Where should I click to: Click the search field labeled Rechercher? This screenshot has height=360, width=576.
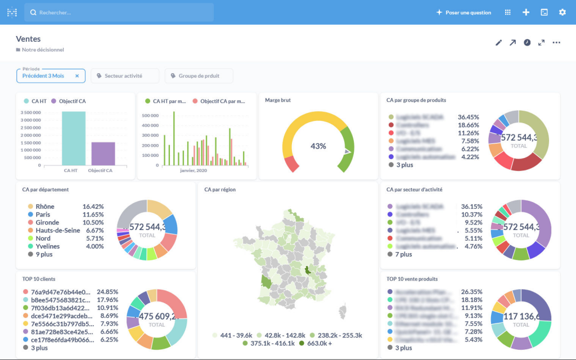click(x=118, y=12)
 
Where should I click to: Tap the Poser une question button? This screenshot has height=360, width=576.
click(x=463, y=12)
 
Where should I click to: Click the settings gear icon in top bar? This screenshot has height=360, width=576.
click(x=562, y=12)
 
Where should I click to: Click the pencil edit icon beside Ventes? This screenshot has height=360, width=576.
click(x=498, y=43)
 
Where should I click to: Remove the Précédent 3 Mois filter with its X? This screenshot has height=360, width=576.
click(x=77, y=76)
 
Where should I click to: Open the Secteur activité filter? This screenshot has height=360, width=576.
click(x=124, y=76)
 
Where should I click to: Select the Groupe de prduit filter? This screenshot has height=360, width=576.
click(x=198, y=76)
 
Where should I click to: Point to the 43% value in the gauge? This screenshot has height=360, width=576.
click(x=318, y=146)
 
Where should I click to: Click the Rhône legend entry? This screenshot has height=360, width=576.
click(x=45, y=206)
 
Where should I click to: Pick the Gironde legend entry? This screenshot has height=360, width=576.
click(x=47, y=222)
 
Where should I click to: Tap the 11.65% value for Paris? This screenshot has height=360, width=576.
click(x=93, y=214)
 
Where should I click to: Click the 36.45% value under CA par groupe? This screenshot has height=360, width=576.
click(x=468, y=117)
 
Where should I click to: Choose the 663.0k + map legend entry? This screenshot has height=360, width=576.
click(x=319, y=343)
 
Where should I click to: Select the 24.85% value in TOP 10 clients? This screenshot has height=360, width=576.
click(x=107, y=292)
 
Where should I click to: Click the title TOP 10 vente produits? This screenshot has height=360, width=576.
click(x=412, y=279)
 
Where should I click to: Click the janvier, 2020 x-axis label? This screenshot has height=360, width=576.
click(x=193, y=170)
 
